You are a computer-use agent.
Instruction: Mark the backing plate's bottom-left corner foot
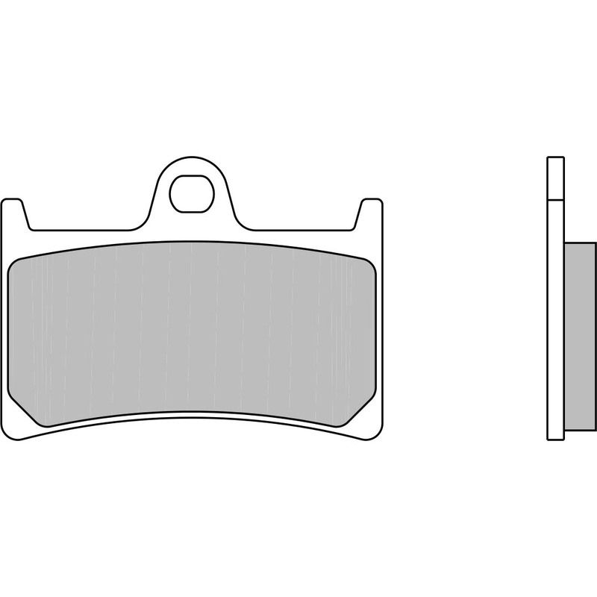point(22,434)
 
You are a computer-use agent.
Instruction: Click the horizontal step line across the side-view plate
point(555,200)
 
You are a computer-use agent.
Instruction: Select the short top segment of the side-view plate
point(555,178)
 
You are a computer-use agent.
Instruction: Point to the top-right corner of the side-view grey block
point(595,244)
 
